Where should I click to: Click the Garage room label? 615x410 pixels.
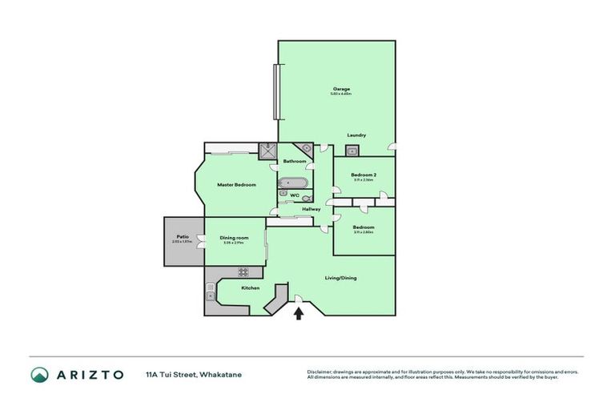click(x=342, y=88)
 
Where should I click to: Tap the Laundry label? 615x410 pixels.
click(x=356, y=135)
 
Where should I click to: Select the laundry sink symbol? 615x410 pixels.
click(x=351, y=149)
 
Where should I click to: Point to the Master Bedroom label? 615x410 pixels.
click(x=237, y=185)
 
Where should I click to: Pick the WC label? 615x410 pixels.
click(x=294, y=195)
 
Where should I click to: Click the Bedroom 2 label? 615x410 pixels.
click(x=364, y=175)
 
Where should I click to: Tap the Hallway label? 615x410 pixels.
click(x=311, y=209)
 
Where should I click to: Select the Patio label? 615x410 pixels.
click(x=183, y=236)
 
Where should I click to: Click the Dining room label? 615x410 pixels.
click(x=235, y=237)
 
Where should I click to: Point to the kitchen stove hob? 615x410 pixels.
click(x=243, y=271)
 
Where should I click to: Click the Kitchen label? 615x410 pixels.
click(x=250, y=287)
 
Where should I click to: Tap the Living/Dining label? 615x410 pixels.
click(x=340, y=278)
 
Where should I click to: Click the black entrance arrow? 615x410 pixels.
click(x=299, y=313)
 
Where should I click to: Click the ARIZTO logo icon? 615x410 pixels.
click(x=39, y=374)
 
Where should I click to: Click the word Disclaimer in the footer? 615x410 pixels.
click(x=322, y=372)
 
